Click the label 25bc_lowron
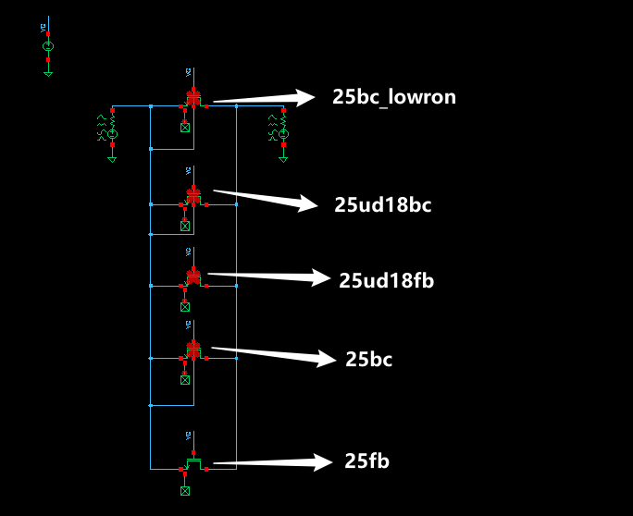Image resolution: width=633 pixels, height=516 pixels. (394, 96)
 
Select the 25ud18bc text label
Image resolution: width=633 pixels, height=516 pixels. (383, 205)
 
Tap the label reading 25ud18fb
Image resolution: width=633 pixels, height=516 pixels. (387, 280)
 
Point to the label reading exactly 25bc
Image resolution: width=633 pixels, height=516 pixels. (368, 360)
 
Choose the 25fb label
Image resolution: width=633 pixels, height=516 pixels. (366, 461)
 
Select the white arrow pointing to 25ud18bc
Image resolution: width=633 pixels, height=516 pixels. (267, 200)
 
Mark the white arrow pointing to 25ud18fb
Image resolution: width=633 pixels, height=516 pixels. (268, 276)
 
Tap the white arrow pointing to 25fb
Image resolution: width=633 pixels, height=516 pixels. (271, 462)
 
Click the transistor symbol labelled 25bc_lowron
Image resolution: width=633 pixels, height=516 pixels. (193, 97)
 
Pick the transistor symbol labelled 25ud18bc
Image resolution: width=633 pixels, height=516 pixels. (193, 196)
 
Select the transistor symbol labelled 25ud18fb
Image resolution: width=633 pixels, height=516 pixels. (193, 276)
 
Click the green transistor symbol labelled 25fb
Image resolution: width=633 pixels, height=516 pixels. (193, 461)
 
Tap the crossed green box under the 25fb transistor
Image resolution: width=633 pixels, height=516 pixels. (185, 490)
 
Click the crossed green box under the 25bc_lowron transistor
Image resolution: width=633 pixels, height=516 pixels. (185, 128)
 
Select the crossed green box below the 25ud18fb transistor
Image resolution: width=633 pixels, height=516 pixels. (185, 306)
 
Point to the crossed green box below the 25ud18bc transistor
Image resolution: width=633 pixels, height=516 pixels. (185, 226)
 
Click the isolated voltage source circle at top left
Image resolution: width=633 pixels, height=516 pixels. (49, 46)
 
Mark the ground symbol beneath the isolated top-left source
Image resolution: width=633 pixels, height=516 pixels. (49, 72)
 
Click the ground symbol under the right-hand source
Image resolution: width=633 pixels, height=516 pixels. (284, 158)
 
